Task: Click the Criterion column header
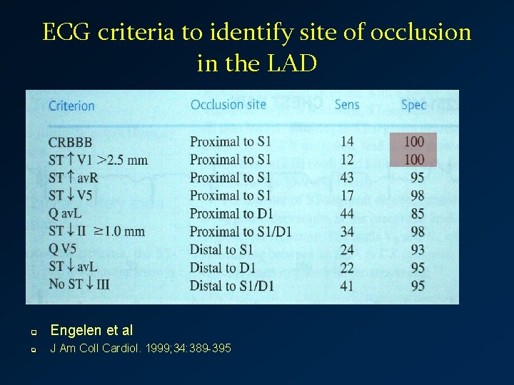tap(71, 106)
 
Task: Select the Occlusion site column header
tap(228, 105)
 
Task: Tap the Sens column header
tap(347, 105)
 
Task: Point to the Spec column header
tap(413, 105)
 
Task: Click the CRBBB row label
tap(71, 143)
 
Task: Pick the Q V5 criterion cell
tap(63, 250)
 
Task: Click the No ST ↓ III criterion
tap(79, 285)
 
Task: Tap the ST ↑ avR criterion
tap(74, 178)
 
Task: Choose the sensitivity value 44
tap(347, 213)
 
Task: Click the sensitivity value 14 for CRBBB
tap(347, 142)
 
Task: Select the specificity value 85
tap(418, 213)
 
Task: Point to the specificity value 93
tap(418, 250)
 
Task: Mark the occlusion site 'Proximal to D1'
tap(231, 213)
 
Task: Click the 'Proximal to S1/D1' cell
tap(241, 232)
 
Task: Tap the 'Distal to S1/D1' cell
tap(232, 286)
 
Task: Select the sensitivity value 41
tap(347, 286)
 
